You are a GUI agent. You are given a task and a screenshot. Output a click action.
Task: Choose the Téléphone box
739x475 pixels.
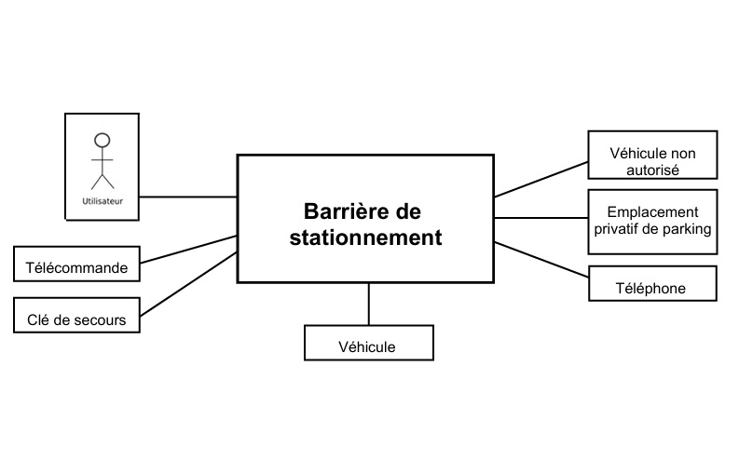click(652, 283)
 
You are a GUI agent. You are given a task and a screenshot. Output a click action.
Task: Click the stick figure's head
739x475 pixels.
click(103, 141)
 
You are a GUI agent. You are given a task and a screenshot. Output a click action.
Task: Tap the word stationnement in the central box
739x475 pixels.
click(365, 237)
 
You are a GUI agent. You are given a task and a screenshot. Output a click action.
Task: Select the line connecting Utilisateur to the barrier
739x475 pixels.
click(188, 197)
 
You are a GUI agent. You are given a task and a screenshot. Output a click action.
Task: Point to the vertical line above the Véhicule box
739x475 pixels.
click(369, 303)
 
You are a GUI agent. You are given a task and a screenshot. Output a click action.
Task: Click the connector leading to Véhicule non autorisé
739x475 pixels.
click(541, 178)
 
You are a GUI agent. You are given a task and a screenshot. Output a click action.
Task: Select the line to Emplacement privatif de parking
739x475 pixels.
click(541, 218)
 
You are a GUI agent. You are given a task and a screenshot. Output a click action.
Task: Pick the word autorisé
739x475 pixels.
click(652, 170)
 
